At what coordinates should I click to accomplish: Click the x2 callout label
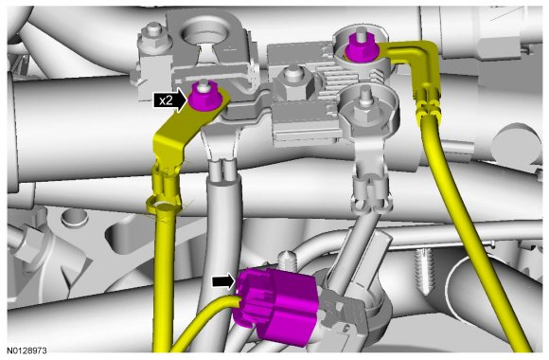click(166, 101)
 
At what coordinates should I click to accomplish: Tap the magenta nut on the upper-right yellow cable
click(361, 48)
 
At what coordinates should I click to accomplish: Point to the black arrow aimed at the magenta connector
click(223, 281)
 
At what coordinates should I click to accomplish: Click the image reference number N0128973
click(27, 351)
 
